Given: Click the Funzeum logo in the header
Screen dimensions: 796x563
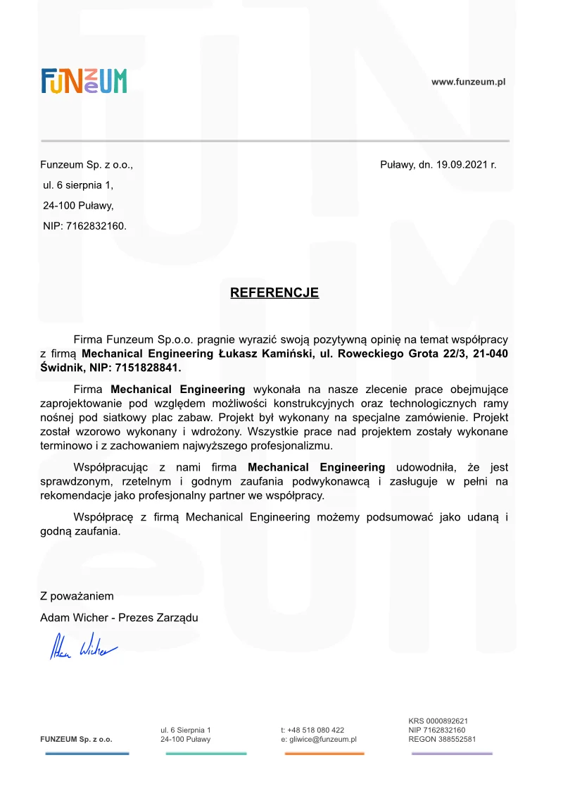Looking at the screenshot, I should click(84, 81).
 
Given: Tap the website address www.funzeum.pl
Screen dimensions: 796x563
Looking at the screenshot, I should click(469, 82).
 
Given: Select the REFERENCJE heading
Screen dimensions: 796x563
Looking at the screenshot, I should click(274, 292).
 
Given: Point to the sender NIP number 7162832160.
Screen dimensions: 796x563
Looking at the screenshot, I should click(96, 226).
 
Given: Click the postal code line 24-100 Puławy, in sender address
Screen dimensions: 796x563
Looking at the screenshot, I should click(78, 206).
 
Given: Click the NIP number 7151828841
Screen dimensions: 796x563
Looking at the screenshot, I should click(150, 368).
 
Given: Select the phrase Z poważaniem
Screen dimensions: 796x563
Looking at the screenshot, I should click(77, 596).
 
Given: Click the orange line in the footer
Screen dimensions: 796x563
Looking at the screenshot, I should click(324, 754).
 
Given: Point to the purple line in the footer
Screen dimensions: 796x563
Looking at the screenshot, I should click(452, 754).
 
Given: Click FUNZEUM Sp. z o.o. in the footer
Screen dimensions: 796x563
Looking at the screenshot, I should click(76, 740).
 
